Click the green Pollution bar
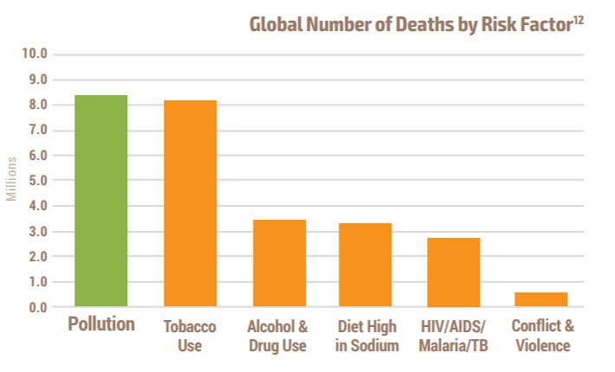(x=101, y=201)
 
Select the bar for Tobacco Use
(x=190, y=203)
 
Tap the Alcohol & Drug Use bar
(x=278, y=263)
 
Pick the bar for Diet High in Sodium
(x=366, y=265)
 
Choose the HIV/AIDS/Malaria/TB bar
(x=453, y=272)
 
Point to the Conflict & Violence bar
(x=541, y=299)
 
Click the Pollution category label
(x=101, y=325)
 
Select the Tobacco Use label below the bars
(x=190, y=336)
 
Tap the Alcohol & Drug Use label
(x=278, y=336)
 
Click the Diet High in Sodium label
(x=366, y=336)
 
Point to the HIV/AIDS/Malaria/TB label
(x=453, y=336)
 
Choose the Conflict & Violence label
(x=541, y=336)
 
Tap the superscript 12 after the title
(x=578, y=18)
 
